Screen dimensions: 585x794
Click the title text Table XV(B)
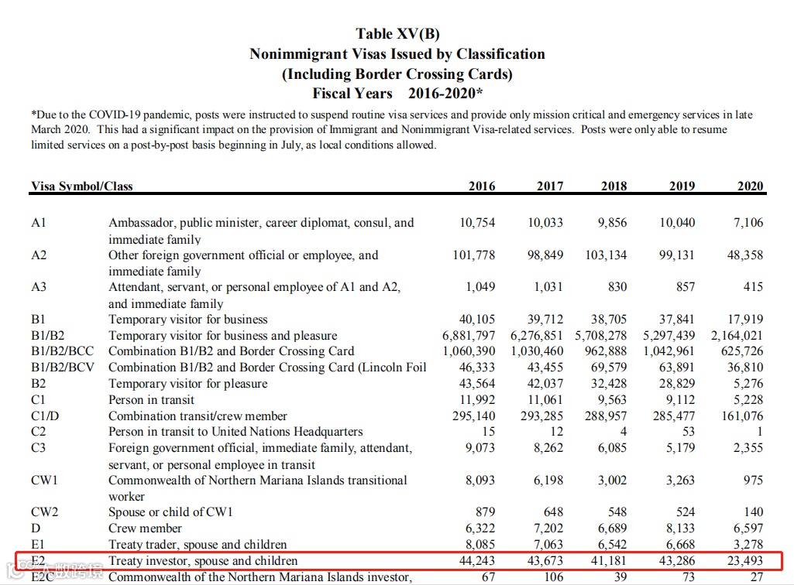coord(397,34)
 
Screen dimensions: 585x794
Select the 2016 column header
coord(482,186)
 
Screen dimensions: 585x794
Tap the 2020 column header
coord(750,186)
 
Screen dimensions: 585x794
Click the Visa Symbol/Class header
coord(82,186)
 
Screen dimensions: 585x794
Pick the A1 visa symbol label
coord(39,223)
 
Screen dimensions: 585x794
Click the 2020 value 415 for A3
coord(753,287)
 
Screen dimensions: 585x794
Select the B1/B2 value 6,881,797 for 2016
coord(469,336)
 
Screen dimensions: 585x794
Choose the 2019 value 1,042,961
coord(669,351)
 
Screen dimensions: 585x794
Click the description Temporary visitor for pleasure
coord(188,384)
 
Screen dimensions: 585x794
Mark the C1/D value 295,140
coord(474,416)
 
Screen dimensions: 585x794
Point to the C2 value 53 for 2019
coord(688,432)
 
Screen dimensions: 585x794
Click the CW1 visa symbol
coord(45,481)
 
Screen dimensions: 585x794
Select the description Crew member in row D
coord(145,529)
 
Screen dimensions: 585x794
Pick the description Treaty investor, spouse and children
coord(203,561)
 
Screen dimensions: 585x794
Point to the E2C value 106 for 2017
coord(553,577)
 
